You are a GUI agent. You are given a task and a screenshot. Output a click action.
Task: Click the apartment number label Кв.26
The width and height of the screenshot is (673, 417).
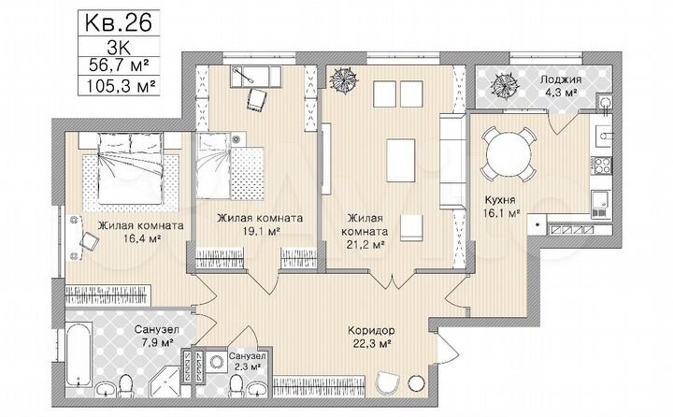click(118, 20)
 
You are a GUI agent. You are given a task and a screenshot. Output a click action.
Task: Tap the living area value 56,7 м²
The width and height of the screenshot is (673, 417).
click(118, 65)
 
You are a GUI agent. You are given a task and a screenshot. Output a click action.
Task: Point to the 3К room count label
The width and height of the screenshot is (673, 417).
click(118, 43)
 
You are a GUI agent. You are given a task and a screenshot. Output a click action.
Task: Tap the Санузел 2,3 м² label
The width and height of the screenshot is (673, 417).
click(247, 362)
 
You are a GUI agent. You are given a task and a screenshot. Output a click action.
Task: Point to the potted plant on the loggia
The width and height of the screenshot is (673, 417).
click(509, 84)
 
